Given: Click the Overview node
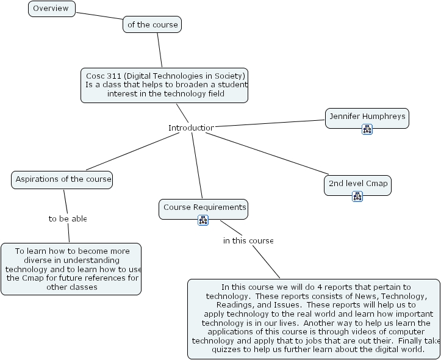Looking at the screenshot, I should tap(52, 9).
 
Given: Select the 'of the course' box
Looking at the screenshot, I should tap(152, 24).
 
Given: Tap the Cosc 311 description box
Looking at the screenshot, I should tap(165, 85).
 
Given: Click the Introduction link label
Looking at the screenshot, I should tap(191, 128).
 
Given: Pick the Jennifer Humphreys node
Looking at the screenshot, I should tap(367, 116).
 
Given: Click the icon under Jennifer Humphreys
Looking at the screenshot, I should tap(367, 129).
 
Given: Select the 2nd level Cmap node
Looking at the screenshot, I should tap(357, 183).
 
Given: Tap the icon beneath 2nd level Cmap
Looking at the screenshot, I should tap(357, 196).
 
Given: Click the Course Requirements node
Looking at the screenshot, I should tap(204, 207).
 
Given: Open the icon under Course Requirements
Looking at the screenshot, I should tap(203, 220).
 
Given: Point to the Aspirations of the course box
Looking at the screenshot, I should tap(62, 179).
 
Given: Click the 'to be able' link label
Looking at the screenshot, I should tap(68, 218).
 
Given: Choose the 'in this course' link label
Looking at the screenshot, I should tap(248, 240).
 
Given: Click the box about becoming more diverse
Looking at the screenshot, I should tap(71, 268).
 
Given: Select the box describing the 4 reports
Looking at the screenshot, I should tap(314, 318).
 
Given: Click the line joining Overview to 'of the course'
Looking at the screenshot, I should tap(99, 15).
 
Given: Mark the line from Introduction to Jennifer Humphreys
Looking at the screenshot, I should tap(268, 124).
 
